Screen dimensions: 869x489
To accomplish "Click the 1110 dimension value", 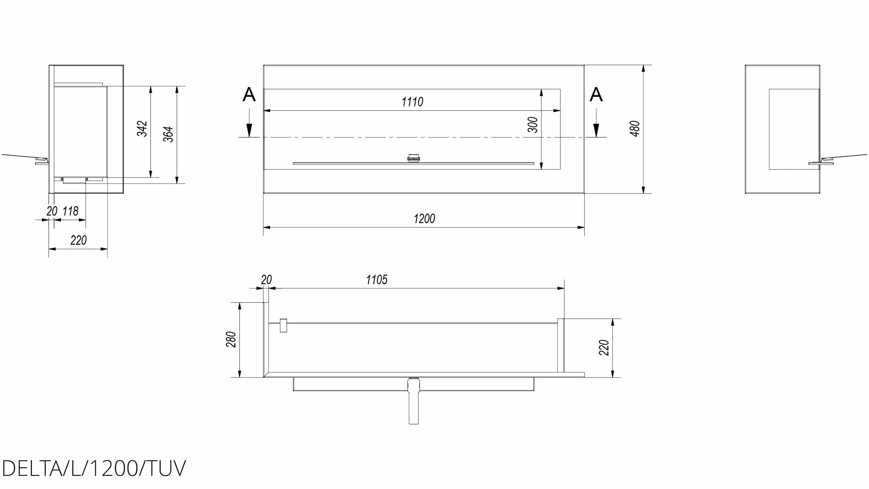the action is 412,102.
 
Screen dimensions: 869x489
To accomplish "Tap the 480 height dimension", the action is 635,129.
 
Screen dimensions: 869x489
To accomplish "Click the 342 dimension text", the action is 142,129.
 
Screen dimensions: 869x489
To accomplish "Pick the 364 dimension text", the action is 168,134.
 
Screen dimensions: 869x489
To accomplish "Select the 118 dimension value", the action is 71,211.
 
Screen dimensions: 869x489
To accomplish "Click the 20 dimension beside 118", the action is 52,211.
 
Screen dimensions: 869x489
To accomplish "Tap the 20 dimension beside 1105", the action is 267,280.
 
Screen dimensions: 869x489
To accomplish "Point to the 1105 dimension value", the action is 377,280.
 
